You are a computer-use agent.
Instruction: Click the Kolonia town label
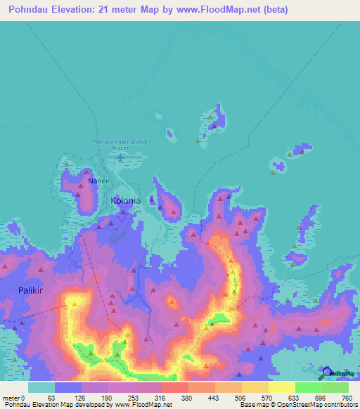pyautogui.click(x=126, y=200)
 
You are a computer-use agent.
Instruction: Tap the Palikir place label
pyautogui.click(x=32, y=290)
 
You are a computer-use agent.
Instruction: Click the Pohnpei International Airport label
pyautogui.click(x=120, y=145)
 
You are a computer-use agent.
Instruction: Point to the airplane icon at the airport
pyautogui.click(x=120, y=157)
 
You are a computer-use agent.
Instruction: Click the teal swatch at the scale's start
pyautogui.click(x=41, y=387)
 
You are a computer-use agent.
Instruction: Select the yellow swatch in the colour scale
pyautogui.click(x=281, y=387)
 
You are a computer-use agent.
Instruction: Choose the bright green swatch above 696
pyautogui.click(x=308, y=387)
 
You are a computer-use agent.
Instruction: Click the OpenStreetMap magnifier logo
pyautogui.click(x=326, y=372)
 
